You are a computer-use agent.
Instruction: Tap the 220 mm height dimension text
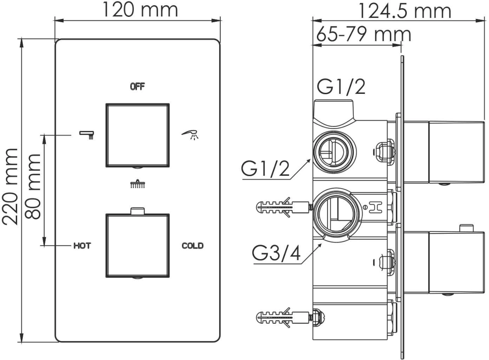coord(10,187)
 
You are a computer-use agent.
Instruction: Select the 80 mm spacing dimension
coord(33,187)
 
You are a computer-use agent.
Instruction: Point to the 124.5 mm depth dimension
coord(405,11)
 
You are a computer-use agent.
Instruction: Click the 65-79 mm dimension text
coord(363,34)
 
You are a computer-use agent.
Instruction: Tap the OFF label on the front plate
coord(137,87)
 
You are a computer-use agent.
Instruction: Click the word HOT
coord(82,246)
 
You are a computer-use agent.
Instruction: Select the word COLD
coord(192,246)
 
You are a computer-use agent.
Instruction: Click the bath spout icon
coord(87,135)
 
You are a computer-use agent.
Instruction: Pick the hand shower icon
coord(190,135)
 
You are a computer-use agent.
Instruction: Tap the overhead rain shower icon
coord(137,184)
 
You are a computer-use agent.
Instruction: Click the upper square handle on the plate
coord(138,135)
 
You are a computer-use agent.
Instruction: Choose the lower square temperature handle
coord(138,245)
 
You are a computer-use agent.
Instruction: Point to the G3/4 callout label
coord(276,253)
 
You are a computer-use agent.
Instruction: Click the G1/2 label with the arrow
coord(265,168)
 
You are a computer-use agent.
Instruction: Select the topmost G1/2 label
coord(341,87)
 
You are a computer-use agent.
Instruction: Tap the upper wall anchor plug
coord(284,207)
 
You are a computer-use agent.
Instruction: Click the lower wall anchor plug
coord(284,318)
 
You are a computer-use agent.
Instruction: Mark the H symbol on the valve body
coord(375,207)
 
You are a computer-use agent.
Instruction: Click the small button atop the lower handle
coord(137,211)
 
